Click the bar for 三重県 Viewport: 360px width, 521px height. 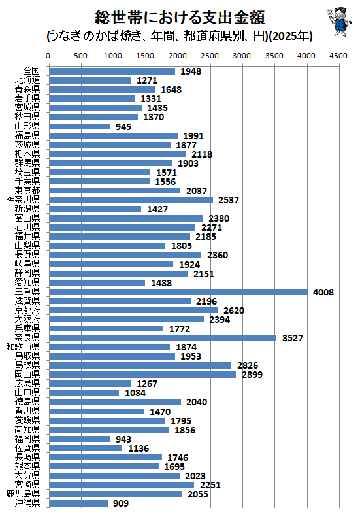(178, 292)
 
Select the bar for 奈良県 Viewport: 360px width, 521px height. (163, 338)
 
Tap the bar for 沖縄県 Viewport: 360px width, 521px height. (78, 503)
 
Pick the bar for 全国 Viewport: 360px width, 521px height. (112, 71)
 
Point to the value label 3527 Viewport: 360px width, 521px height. (293, 338)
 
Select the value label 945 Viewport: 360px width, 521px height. (123, 127)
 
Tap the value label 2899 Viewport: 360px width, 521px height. (252, 375)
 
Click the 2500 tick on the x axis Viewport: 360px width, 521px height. (210, 56)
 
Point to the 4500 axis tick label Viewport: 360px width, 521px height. (339, 56)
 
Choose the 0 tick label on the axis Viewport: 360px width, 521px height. (48, 56)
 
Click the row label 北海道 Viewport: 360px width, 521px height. (27, 80)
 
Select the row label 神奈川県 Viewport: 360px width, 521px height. (23, 199)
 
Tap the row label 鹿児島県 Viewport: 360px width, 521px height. (23, 494)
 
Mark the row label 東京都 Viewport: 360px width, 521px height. (27, 190)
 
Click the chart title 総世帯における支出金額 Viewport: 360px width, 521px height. (180, 17)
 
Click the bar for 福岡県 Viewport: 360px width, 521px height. (79, 439)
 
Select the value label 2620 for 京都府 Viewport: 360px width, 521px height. (234, 311)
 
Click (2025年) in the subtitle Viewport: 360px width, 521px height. (290, 36)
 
